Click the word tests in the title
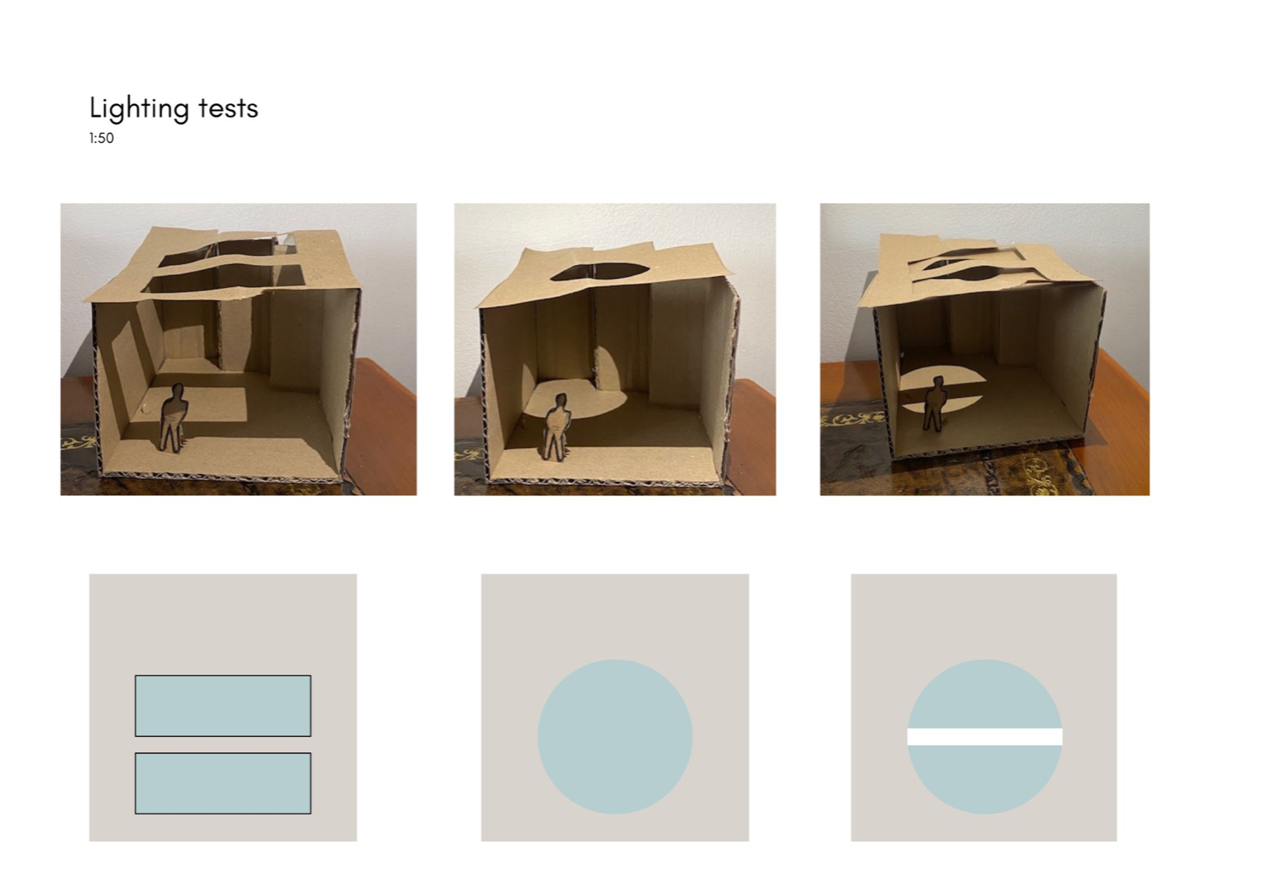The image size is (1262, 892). (228, 108)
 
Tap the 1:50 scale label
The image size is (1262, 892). (101, 138)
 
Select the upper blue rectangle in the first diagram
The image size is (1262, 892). (223, 705)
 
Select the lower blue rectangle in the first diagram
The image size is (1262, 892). (223, 783)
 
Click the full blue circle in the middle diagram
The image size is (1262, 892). (615, 737)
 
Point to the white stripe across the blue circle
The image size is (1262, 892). (985, 737)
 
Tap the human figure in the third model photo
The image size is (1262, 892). (934, 403)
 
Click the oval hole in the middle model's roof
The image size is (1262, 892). (599, 271)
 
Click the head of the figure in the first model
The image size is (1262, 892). (178, 392)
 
